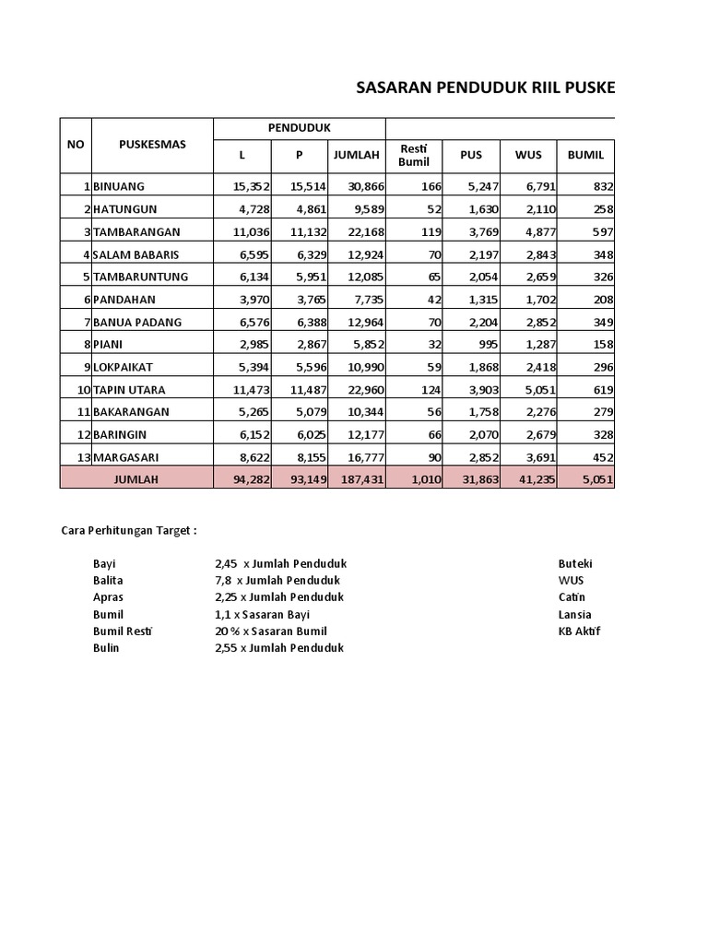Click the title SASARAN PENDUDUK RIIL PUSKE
[x=484, y=88]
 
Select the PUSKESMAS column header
[x=152, y=144]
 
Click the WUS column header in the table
[x=528, y=155]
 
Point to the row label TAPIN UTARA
[x=129, y=389]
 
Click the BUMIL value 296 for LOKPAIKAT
[x=602, y=367]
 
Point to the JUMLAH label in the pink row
[x=136, y=478]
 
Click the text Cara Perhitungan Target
[x=128, y=531]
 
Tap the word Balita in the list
[x=108, y=581]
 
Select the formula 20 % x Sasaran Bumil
[x=270, y=631]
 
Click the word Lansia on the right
[x=574, y=614]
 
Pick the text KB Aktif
[x=579, y=631]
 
